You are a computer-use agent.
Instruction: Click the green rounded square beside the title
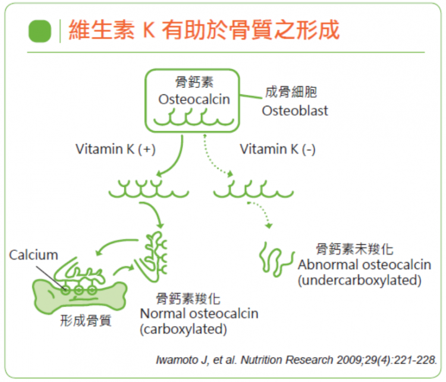tap(40, 31)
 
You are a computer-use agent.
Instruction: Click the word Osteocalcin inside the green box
tap(194, 99)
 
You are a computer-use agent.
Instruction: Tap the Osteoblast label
tap(295, 111)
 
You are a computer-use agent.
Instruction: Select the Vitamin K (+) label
tap(115, 149)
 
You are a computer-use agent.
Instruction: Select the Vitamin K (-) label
tap(278, 149)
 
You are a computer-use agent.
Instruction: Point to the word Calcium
tap(33, 255)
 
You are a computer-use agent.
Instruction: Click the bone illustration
tap(80, 296)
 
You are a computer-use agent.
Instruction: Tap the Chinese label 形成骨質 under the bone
tap(86, 321)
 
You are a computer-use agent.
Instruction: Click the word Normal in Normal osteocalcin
tap(163, 314)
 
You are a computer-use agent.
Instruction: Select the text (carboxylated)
tap(184, 329)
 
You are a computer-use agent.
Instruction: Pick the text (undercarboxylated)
tap(360, 280)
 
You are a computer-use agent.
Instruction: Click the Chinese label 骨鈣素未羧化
tap(354, 250)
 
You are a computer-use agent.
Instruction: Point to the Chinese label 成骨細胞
tap(291, 92)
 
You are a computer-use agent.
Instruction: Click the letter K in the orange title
tap(149, 30)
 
